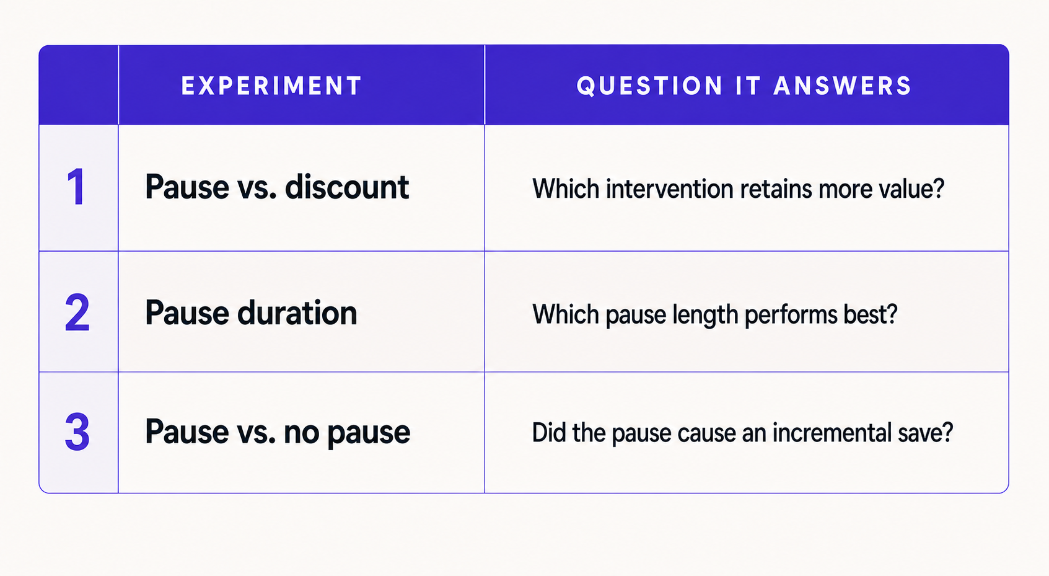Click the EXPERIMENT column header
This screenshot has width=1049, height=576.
(x=271, y=86)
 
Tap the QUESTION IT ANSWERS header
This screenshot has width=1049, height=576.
(x=744, y=86)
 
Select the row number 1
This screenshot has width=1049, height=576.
(x=76, y=187)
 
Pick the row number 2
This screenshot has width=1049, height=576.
(x=77, y=312)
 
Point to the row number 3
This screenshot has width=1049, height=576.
(x=77, y=432)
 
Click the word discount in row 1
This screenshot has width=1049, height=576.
(x=346, y=187)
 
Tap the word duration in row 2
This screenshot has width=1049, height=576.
(x=297, y=312)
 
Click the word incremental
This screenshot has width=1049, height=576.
(x=832, y=433)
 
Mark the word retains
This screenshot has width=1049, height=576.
(x=776, y=188)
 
